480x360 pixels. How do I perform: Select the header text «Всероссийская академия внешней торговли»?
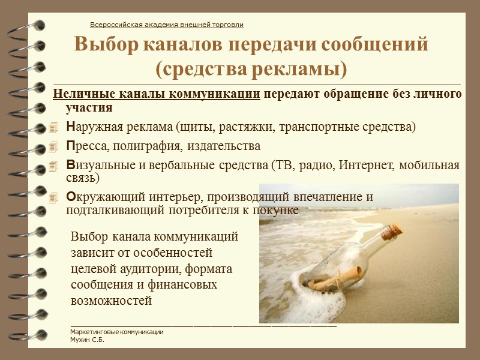point(166,25)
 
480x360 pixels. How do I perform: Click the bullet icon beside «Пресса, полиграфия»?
point(55,147)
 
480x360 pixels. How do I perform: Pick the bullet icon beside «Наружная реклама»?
point(55,128)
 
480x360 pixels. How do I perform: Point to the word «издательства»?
point(224,146)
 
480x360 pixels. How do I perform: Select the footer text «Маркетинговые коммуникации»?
point(116,332)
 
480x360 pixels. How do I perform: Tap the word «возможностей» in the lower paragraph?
point(111,300)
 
